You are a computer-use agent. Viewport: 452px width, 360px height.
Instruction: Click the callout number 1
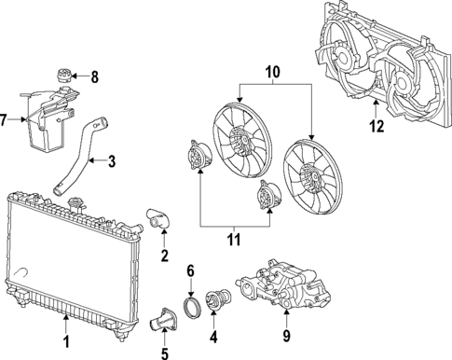pyautogui.click(x=66, y=345)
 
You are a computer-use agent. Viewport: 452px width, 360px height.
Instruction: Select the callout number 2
pyautogui.click(x=164, y=256)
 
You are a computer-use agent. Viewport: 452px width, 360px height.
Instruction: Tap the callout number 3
pyautogui.click(x=112, y=162)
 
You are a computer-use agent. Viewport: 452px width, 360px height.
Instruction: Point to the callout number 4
pyautogui.click(x=213, y=337)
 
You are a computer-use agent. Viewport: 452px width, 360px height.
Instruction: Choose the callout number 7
pyautogui.click(x=6, y=120)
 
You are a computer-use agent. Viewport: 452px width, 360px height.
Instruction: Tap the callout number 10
pyautogui.click(x=273, y=72)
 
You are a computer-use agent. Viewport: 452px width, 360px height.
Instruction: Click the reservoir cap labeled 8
pyautogui.click(x=64, y=75)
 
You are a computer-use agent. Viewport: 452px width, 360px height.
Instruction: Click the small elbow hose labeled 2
pyautogui.click(x=154, y=220)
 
